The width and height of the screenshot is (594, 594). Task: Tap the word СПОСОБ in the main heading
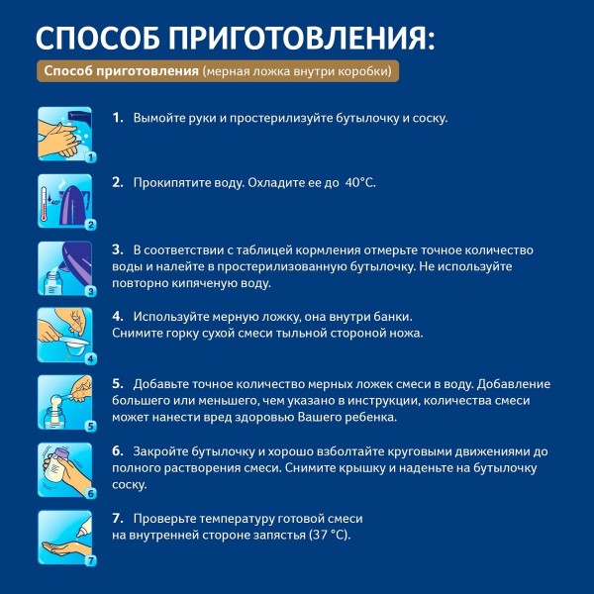point(98,39)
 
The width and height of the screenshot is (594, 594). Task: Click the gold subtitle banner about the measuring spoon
point(218,71)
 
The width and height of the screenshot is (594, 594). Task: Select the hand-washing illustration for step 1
point(65,134)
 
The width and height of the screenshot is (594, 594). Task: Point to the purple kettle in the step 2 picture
point(73,204)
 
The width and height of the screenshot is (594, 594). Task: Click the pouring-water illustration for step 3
point(65,268)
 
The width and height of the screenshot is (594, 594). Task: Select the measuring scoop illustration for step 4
point(65,336)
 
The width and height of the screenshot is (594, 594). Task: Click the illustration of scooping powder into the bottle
point(65,402)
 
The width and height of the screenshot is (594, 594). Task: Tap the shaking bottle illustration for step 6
point(65,469)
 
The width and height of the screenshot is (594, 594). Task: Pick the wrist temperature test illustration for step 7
point(65,538)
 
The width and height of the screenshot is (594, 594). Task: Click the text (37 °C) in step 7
point(330,535)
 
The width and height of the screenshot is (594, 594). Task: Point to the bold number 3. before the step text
point(118,249)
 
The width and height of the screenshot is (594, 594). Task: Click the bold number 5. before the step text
point(118,384)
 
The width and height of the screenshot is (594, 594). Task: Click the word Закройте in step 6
point(160,451)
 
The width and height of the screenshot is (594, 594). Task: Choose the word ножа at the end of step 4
point(410,334)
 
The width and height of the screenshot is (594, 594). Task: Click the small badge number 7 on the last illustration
point(91,560)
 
